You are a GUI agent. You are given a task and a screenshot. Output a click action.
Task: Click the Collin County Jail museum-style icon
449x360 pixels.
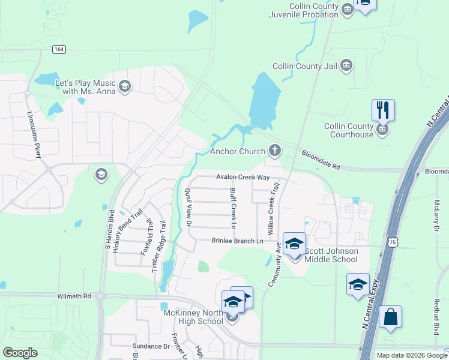click(346, 66)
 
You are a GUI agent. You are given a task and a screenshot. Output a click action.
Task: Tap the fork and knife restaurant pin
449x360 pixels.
click(383, 110)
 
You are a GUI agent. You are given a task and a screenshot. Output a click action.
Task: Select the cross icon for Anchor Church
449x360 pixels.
click(275, 150)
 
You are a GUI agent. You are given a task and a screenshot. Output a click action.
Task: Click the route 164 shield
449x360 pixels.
click(58, 49)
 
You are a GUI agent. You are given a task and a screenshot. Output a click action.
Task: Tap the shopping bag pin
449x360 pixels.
click(390, 318)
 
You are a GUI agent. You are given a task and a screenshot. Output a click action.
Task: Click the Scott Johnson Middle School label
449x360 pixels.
click(331, 255)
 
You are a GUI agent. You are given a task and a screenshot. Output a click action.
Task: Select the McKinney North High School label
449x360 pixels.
click(193, 317)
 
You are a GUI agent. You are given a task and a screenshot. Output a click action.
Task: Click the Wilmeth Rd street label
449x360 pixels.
click(74, 296)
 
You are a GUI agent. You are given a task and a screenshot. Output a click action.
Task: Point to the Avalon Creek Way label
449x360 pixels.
click(243, 178)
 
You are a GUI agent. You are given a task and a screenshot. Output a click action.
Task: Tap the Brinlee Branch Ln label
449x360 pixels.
click(237, 241)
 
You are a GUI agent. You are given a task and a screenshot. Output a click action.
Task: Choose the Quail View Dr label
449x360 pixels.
click(188, 206)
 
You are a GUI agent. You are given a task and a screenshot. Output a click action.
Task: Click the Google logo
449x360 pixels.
click(20, 353)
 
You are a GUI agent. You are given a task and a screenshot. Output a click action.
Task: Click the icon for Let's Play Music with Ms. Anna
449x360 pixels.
click(125, 86)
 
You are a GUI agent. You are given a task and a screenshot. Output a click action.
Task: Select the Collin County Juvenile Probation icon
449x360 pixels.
click(347, 9)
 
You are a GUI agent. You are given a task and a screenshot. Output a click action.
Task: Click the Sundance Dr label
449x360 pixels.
click(151, 346)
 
